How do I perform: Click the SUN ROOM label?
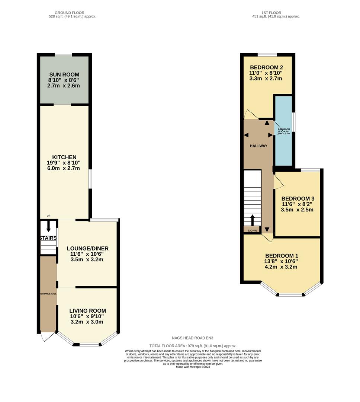(64, 74)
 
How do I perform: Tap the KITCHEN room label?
(64, 157)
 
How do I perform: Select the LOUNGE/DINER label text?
(87, 248)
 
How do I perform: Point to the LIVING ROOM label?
(87, 310)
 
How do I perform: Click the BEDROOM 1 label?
(282, 256)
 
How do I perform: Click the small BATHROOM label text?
(283, 129)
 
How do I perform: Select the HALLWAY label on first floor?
(258, 146)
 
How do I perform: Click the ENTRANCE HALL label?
(48, 294)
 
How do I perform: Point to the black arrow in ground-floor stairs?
(48, 226)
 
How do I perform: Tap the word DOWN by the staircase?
(252, 230)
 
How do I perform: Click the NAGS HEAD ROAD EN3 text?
(192, 338)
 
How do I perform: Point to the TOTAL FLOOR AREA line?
(193, 346)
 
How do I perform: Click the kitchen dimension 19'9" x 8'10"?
(64, 163)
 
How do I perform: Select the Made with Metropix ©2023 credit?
(193, 367)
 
